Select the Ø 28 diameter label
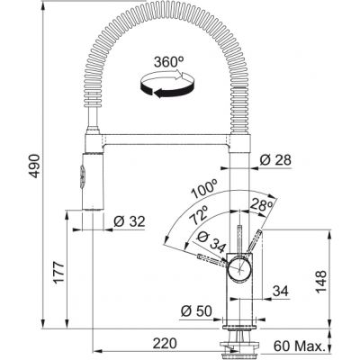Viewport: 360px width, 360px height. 275,159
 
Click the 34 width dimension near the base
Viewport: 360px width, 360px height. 281,290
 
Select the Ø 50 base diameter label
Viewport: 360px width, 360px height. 196,311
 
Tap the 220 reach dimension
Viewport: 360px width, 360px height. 164,343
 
